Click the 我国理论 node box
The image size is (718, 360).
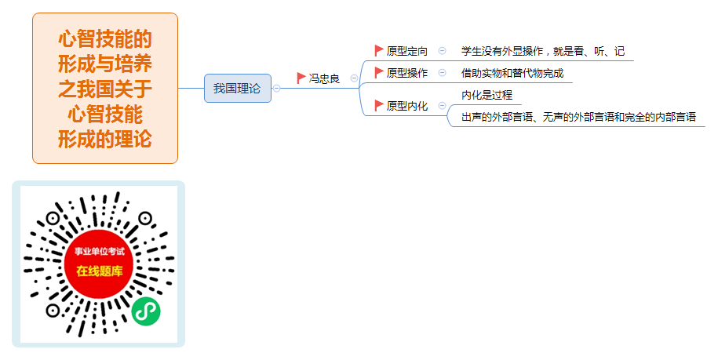[x=238, y=89]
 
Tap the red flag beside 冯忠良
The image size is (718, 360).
[x=301, y=78]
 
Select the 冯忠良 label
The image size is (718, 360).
[x=324, y=78]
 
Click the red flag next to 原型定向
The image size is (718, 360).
[x=379, y=51]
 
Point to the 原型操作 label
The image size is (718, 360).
[x=407, y=73]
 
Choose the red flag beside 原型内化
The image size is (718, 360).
[x=379, y=106]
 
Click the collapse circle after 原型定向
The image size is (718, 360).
[x=442, y=51]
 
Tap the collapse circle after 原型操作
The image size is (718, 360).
[x=442, y=73]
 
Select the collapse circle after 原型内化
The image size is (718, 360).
[x=442, y=106]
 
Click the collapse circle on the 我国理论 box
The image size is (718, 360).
[x=276, y=89]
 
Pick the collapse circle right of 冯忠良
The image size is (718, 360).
[x=354, y=78]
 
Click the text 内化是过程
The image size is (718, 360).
[x=487, y=95]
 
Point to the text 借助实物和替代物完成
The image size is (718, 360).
[x=512, y=73]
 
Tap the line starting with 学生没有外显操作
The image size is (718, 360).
[x=543, y=51]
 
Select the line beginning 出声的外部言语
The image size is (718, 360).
[x=578, y=117]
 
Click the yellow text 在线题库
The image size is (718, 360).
[x=100, y=271]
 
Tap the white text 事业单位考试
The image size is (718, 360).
[x=100, y=252]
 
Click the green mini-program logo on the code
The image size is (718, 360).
[x=146, y=311]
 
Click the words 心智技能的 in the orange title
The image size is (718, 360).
[x=105, y=39]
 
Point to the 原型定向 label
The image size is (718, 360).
[x=407, y=51]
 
